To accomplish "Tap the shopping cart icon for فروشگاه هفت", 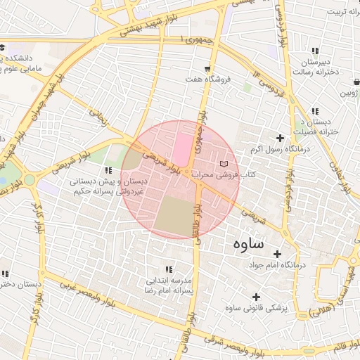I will (x=207, y=69).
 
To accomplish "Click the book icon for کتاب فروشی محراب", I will (x=224, y=164).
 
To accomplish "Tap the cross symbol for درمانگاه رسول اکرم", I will (x=281, y=138).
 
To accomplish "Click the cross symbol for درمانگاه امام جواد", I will (x=277, y=254).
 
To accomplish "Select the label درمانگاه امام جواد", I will (x=279, y=265).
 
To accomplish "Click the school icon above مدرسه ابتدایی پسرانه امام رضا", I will (x=168, y=269).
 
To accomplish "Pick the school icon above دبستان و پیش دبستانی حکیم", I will (x=108, y=170).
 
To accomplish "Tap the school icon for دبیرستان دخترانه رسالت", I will (x=314, y=51).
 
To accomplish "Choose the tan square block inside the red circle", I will (x=174, y=215).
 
